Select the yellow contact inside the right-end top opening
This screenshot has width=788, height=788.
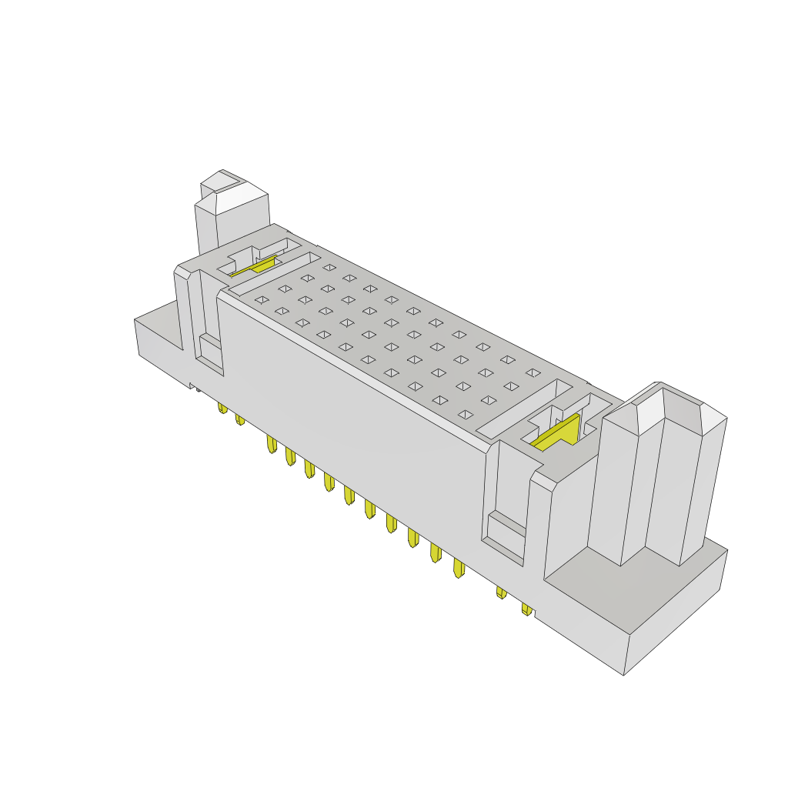coord(558,433)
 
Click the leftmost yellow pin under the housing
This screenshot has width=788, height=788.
coord(222,407)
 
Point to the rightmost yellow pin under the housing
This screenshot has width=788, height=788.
coord(526,609)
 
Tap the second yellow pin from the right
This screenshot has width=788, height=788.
coord(501,592)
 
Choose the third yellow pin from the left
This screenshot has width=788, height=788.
coord(271,444)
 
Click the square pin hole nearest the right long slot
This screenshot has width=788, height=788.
coord(465,414)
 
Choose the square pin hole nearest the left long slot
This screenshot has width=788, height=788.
coord(262,299)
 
